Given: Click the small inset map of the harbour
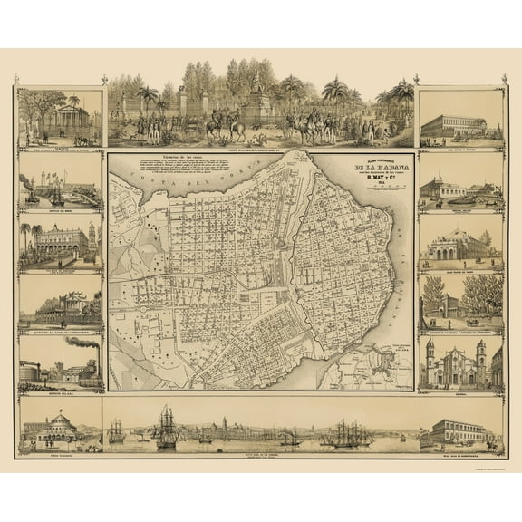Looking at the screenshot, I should coord(381,367).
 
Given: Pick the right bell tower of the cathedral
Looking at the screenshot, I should coord(481,356).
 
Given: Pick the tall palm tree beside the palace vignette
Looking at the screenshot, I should coord(27,237).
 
